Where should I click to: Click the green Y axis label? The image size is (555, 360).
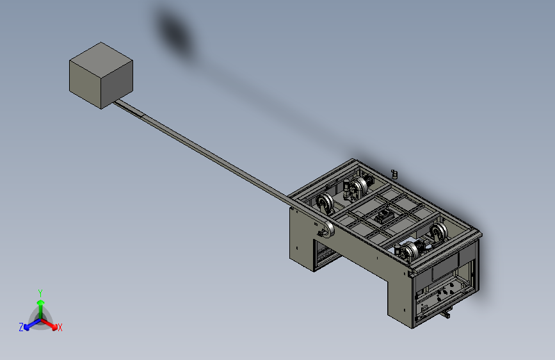click(x=40, y=293)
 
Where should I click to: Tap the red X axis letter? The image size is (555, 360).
click(x=60, y=327)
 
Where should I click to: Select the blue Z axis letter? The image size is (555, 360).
click(x=21, y=327)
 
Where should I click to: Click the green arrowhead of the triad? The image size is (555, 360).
click(x=41, y=302)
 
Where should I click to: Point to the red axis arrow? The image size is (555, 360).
click(x=49, y=324)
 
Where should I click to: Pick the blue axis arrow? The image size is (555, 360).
click(x=33, y=324)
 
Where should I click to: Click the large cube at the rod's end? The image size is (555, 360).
click(x=101, y=76)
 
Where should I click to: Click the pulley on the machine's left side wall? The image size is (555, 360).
click(x=327, y=230)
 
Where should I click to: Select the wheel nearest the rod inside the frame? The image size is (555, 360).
click(x=325, y=204)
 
